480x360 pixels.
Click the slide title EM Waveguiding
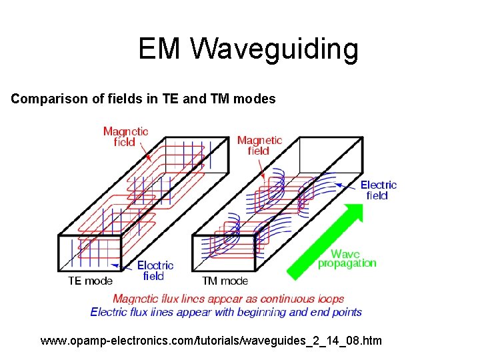pyautogui.click(x=248, y=49)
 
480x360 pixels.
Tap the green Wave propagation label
pyautogui.click(x=347, y=258)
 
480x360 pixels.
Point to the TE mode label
pyautogui.click(x=90, y=281)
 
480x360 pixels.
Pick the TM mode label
pyautogui.click(x=225, y=281)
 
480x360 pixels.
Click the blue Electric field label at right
pyautogui.click(x=378, y=190)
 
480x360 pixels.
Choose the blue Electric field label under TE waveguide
pyautogui.click(x=155, y=270)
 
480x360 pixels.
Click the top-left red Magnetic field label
pyautogui.click(x=125, y=137)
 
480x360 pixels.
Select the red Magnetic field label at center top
pyautogui.click(x=259, y=145)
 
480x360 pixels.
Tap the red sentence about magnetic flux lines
pyautogui.click(x=228, y=299)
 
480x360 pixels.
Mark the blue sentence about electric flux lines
pyautogui.click(x=226, y=311)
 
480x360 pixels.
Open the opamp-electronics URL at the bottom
pyautogui.click(x=211, y=341)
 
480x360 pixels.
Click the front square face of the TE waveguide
pyautogui.click(x=90, y=253)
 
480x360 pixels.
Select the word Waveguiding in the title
pyautogui.click(x=275, y=49)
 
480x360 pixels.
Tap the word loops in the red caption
pyautogui.click(x=331, y=299)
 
